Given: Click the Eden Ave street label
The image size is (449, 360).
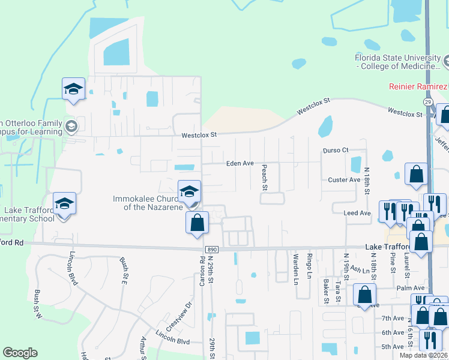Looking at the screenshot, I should tap(240, 163).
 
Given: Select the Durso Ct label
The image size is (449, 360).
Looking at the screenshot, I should tap(336, 150).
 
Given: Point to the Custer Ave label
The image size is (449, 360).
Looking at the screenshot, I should tap(344, 180).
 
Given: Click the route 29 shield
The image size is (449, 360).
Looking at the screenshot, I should tap(427, 103).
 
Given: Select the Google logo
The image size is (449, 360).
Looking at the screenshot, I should tap(20, 353).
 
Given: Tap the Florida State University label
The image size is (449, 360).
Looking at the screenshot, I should tap(397, 62).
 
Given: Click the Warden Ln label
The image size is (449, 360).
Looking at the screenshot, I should tap(295, 268).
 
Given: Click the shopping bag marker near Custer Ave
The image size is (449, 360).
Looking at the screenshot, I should tap(415, 174).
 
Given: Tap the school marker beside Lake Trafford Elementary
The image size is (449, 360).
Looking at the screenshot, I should tap(64, 203).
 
